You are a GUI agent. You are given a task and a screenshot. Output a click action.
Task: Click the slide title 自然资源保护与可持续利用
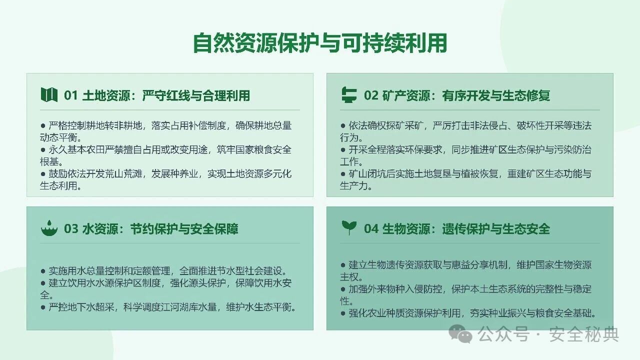click(x=320, y=43)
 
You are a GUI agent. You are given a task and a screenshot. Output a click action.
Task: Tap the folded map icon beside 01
click(x=49, y=94)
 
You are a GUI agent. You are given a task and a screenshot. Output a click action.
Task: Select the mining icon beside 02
click(x=349, y=94)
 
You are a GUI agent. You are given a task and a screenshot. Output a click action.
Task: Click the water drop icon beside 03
click(x=49, y=228)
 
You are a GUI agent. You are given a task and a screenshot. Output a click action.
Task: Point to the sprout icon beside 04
click(x=349, y=227)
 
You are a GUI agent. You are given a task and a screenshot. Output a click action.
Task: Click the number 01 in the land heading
click(x=70, y=95)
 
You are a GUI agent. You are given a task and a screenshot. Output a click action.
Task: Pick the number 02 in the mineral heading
click(x=371, y=95)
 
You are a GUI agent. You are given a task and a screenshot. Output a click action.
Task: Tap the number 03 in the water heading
click(x=71, y=229)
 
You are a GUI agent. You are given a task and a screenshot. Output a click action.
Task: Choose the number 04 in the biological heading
click(x=371, y=229)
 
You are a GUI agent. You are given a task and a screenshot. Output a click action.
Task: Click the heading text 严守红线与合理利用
click(x=196, y=95)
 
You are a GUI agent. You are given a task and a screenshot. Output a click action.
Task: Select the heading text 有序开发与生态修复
click(x=496, y=95)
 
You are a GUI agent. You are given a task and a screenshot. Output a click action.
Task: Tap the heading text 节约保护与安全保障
click(x=184, y=229)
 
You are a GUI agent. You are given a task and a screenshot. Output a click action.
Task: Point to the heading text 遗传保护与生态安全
click(x=496, y=229)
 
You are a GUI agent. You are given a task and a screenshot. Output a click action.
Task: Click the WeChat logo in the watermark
click(x=460, y=334)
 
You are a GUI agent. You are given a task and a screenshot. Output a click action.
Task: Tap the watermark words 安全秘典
click(x=584, y=334)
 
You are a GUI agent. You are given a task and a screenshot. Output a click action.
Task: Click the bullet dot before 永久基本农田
click(x=43, y=149)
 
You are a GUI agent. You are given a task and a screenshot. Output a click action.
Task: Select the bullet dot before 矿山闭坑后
click(x=343, y=173)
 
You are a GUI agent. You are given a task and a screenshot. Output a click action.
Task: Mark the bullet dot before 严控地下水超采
click(x=43, y=307)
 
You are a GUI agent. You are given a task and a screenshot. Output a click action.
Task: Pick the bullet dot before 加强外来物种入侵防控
click(x=343, y=289)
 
